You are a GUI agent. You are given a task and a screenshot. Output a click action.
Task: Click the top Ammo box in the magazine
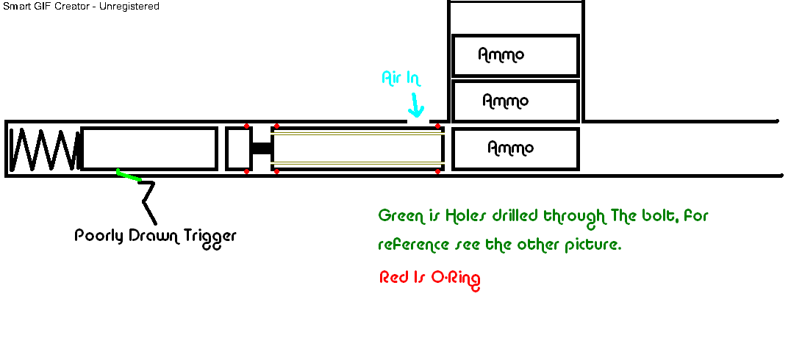(x=515, y=55)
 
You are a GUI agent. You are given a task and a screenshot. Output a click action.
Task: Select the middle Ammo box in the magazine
(x=515, y=101)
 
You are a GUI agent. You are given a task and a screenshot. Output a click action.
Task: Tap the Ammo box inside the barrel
(x=515, y=148)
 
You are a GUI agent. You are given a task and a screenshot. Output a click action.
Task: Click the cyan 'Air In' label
(x=401, y=78)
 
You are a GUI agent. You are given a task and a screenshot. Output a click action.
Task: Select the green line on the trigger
(x=129, y=175)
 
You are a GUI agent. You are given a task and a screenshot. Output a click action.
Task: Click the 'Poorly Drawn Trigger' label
(x=156, y=237)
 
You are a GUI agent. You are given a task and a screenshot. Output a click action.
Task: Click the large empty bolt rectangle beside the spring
(x=149, y=148)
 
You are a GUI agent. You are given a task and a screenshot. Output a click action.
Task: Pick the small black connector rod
(x=262, y=148)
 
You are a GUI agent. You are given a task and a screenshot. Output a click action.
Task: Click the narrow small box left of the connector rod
(x=237, y=148)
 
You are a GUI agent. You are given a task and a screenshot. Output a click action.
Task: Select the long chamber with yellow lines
(x=357, y=148)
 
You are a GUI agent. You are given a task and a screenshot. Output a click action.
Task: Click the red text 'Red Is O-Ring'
(x=430, y=278)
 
